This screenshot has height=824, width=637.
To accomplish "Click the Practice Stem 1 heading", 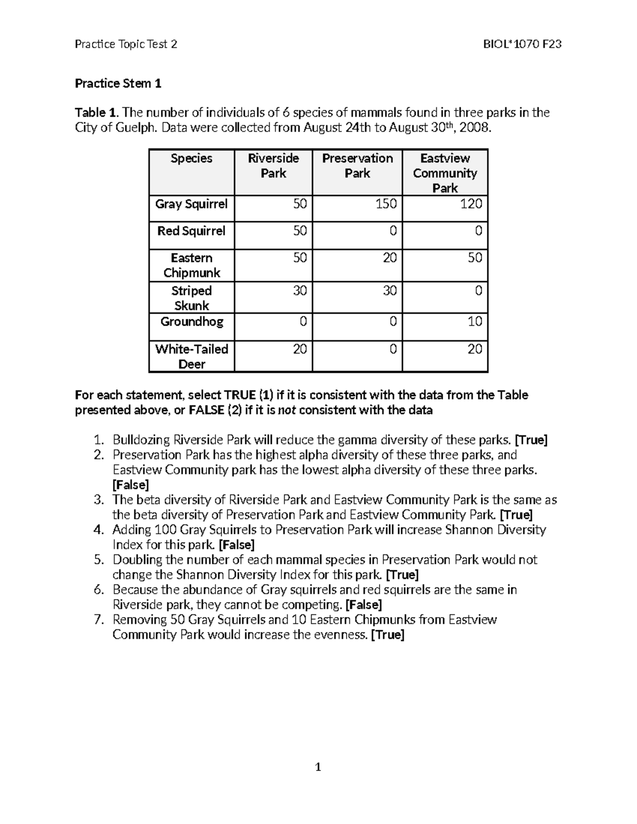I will (118, 83).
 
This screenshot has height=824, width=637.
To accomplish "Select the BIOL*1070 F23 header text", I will (522, 44).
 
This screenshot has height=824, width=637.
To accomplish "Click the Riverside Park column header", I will (273, 166).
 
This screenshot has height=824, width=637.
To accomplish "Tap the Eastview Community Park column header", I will (445, 173).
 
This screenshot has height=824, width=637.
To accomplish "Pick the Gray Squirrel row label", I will (191, 204).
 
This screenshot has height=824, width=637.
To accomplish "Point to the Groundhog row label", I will (192, 322).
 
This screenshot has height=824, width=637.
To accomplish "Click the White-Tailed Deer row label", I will (191, 357).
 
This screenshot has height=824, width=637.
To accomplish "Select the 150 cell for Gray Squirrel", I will (386, 204).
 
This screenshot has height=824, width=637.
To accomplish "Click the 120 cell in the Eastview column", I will (471, 204).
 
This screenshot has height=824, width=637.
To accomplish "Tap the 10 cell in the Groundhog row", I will (475, 322).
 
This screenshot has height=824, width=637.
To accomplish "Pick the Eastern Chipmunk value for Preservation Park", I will (390, 258).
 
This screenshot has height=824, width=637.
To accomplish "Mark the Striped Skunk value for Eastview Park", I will (478, 291).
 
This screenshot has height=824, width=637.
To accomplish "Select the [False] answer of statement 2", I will (131, 485).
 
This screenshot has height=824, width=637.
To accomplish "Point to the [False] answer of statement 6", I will (364, 605).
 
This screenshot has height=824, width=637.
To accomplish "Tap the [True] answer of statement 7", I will (388, 635).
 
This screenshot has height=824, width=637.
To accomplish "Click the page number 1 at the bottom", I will (318, 767).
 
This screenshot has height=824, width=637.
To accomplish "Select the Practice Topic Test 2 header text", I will (126, 44).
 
